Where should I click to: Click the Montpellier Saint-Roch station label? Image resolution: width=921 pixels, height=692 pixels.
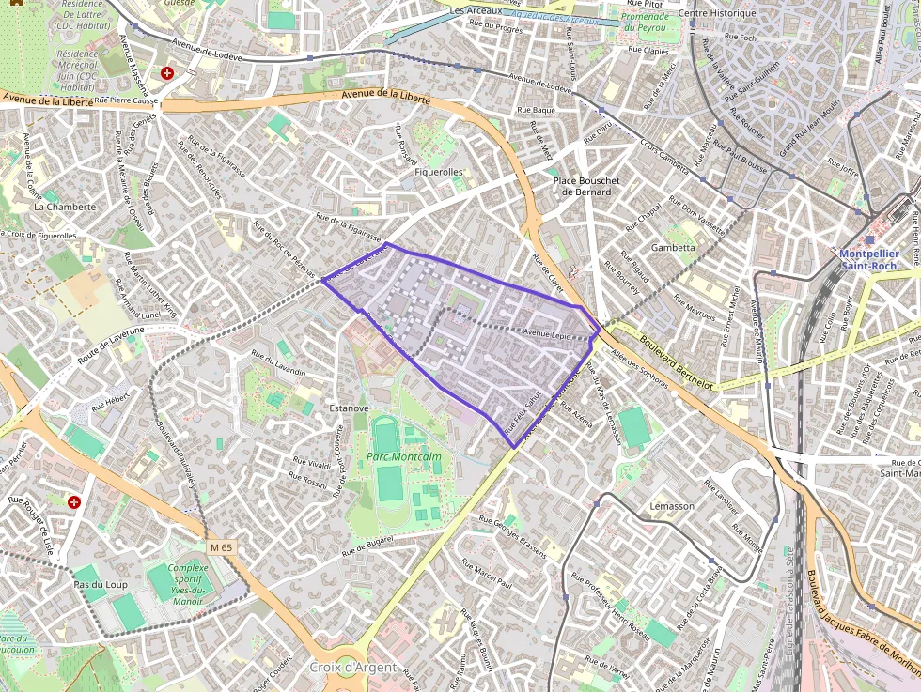pyautogui.click(x=868, y=259)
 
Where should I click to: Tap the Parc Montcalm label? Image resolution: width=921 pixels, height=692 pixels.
pyautogui.click(x=403, y=457)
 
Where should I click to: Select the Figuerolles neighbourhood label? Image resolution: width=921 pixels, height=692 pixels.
pyautogui.click(x=439, y=173)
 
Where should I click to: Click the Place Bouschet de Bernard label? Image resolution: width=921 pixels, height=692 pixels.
pyautogui.click(x=585, y=186)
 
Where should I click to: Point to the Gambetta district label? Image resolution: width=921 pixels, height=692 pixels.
pyautogui.click(x=673, y=248)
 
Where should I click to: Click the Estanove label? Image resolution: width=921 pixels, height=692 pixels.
pyautogui.click(x=349, y=408)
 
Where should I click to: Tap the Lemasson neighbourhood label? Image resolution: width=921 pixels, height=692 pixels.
pyautogui.click(x=672, y=506)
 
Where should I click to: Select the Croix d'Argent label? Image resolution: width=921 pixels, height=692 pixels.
pyautogui.click(x=352, y=668)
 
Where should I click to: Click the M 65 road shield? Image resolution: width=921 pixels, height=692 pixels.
pyautogui.click(x=221, y=546)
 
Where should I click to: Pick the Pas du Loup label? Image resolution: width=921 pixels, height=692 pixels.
pyautogui.click(x=100, y=585)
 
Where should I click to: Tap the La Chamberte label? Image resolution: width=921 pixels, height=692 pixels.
pyautogui.click(x=65, y=207)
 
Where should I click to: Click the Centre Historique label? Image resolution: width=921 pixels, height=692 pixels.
pyautogui.click(x=717, y=13)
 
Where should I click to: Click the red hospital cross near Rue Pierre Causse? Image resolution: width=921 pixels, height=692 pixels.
pyautogui.click(x=167, y=72)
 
